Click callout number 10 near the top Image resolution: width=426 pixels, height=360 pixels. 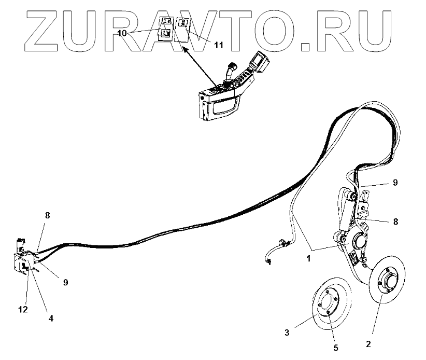pos(122,33)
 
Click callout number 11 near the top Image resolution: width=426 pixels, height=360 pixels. pos(218,46)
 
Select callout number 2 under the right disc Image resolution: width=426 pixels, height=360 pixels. pos(368,343)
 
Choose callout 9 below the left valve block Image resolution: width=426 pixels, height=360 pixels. pos(65,283)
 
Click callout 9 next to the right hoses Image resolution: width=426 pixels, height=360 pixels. pos(395,183)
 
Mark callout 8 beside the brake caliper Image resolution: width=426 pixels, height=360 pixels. pos(395,221)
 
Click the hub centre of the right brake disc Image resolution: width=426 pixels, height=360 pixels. pos(388,284)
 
